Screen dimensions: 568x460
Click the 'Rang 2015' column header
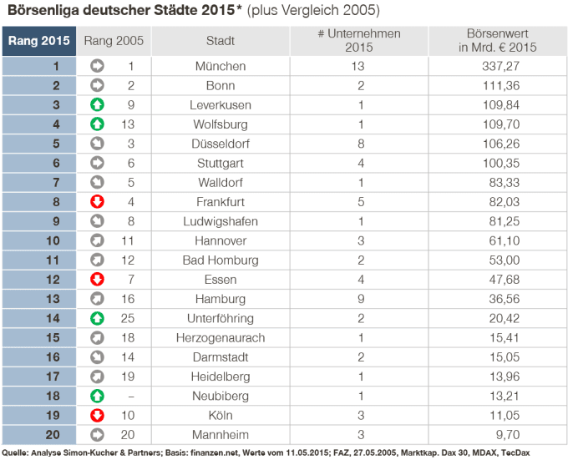[x=39, y=41]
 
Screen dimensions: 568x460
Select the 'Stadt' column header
[x=221, y=41]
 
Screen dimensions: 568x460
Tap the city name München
[x=221, y=66]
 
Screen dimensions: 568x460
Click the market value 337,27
[x=500, y=66]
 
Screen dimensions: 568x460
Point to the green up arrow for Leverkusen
[x=97, y=105]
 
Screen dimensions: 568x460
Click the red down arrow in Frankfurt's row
[x=97, y=202]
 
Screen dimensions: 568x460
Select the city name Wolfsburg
[x=221, y=124]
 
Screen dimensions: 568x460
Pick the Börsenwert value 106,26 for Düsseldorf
[x=501, y=144]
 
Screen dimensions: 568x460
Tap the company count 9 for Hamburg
[x=361, y=299]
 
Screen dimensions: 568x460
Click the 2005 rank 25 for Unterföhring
[x=128, y=318]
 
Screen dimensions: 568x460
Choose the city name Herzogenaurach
[x=221, y=338]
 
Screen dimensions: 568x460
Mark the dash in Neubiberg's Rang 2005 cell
[x=131, y=397]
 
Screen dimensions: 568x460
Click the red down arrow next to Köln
[x=97, y=416]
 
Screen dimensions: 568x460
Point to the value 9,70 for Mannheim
[x=508, y=435]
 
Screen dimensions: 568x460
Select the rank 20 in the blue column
[x=53, y=435]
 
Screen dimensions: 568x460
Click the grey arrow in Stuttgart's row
[x=97, y=164]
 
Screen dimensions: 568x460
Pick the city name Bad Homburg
[x=221, y=260]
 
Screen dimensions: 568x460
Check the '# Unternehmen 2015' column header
[x=359, y=41]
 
